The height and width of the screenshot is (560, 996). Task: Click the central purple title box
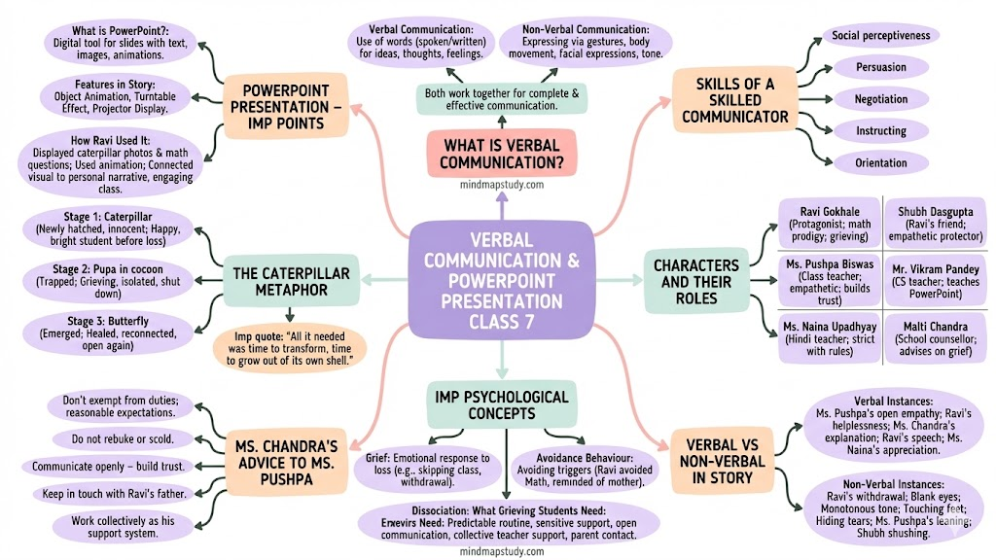point(501,276)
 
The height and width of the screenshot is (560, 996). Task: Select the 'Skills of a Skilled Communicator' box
point(734,101)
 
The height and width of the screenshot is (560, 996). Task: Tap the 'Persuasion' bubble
point(881,67)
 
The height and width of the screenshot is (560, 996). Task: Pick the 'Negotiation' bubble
point(881,99)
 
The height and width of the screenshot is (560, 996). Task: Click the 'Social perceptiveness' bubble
point(881,36)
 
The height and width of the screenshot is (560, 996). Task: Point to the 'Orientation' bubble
point(881,162)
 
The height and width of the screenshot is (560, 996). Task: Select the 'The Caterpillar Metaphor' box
point(289,282)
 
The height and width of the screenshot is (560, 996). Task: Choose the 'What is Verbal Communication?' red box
point(502,154)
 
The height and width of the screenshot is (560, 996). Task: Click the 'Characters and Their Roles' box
point(695,282)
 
